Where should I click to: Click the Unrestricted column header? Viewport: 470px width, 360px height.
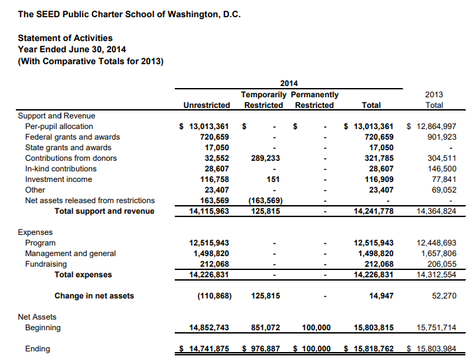pos(207,105)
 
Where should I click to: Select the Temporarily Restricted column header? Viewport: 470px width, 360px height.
pos(263,100)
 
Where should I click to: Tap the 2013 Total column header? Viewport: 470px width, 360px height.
pos(434,100)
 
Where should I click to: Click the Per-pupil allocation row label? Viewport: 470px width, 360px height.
pos(59,126)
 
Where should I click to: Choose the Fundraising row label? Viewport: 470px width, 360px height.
pos(46,264)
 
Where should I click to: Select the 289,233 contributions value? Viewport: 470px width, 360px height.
pos(265,158)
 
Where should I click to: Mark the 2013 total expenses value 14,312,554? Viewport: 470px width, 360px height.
pos(436,275)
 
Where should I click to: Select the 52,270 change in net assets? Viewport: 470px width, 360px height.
pos(444,296)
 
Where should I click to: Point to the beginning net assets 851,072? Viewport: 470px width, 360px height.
pos(266,328)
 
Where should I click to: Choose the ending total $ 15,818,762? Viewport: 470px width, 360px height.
pos(369,349)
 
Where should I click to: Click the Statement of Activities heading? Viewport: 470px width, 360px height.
pos(65,38)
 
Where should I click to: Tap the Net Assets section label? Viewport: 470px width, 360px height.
pos(37,317)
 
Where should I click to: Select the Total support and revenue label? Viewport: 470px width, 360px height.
pos(104,211)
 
